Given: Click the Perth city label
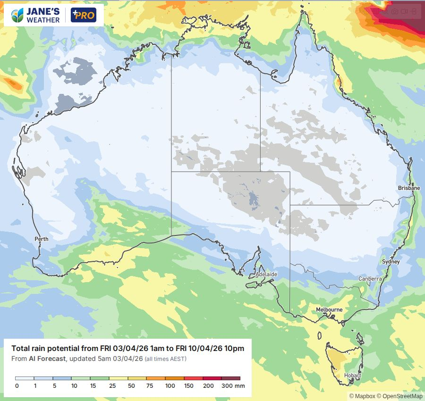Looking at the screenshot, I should pyautogui.click(x=42, y=239).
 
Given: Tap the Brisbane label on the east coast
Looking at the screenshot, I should pyautogui.click(x=408, y=188).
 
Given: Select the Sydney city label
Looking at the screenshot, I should pyautogui.click(x=391, y=262).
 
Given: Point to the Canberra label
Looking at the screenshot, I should pyautogui.click(x=370, y=279).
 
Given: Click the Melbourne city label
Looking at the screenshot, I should pyautogui.click(x=329, y=310).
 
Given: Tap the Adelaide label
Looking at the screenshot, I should pyautogui.click(x=266, y=274).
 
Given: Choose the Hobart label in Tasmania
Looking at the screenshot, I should pyautogui.click(x=353, y=376).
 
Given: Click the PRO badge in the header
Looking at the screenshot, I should pyautogui.click(x=83, y=16).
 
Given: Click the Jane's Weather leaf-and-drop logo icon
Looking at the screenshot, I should pyautogui.click(x=17, y=16).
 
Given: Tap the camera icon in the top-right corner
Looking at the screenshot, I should pyautogui.click(x=395, y=11).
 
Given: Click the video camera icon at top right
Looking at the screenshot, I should pyautogui.click(x=405, y=11).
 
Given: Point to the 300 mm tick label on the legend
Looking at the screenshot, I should pyautogui.click(x=233, y=386).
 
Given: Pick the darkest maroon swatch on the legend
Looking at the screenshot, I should pyautogui.click(x=231, y=378).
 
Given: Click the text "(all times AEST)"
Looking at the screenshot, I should pyautogui.click(x=165, y=359).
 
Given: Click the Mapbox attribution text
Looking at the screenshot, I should pyautogui.click(x=363, y=396).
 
